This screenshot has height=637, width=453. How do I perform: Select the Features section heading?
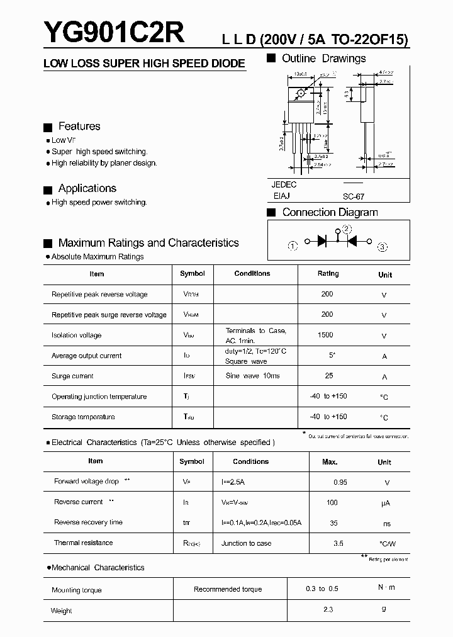[79, 127]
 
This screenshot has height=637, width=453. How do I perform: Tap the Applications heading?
[87, 188]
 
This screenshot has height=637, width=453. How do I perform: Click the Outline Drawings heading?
[323, 59]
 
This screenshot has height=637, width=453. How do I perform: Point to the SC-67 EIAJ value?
[354, 196]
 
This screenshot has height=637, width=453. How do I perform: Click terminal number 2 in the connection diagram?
[347, 229]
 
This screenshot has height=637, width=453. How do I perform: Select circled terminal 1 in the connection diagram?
[293, 245]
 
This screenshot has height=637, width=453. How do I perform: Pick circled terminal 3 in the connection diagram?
[383, 246]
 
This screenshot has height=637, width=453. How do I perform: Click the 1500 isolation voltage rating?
[326, 335]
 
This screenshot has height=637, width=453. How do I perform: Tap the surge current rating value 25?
[327, 376]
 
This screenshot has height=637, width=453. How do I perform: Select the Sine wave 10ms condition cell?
[252, 376]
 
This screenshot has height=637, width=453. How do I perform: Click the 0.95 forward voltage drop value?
[340, 482]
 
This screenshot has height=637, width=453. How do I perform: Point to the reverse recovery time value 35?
[333, 522]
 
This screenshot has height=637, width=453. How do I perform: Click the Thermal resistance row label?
[84, 543]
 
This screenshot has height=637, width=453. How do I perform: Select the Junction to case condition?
[247, 543]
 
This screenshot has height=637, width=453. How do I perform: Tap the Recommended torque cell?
[228, 589]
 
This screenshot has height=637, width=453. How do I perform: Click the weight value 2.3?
[328, 609]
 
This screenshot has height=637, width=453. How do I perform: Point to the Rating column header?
[328, 274]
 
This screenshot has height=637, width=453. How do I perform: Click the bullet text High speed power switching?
[99, 202]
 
